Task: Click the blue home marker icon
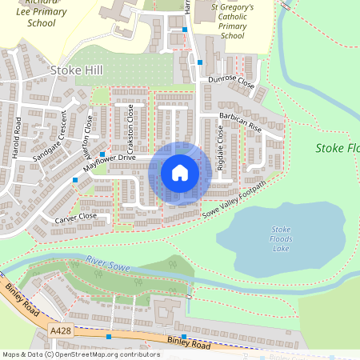point(180,173)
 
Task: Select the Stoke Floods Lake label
point(281,239)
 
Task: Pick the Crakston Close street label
point(129,130)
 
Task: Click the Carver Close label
point(75,217)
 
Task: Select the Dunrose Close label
point(231,82)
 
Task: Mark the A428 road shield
point(59,330)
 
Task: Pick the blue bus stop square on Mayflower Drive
point(102,154)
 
